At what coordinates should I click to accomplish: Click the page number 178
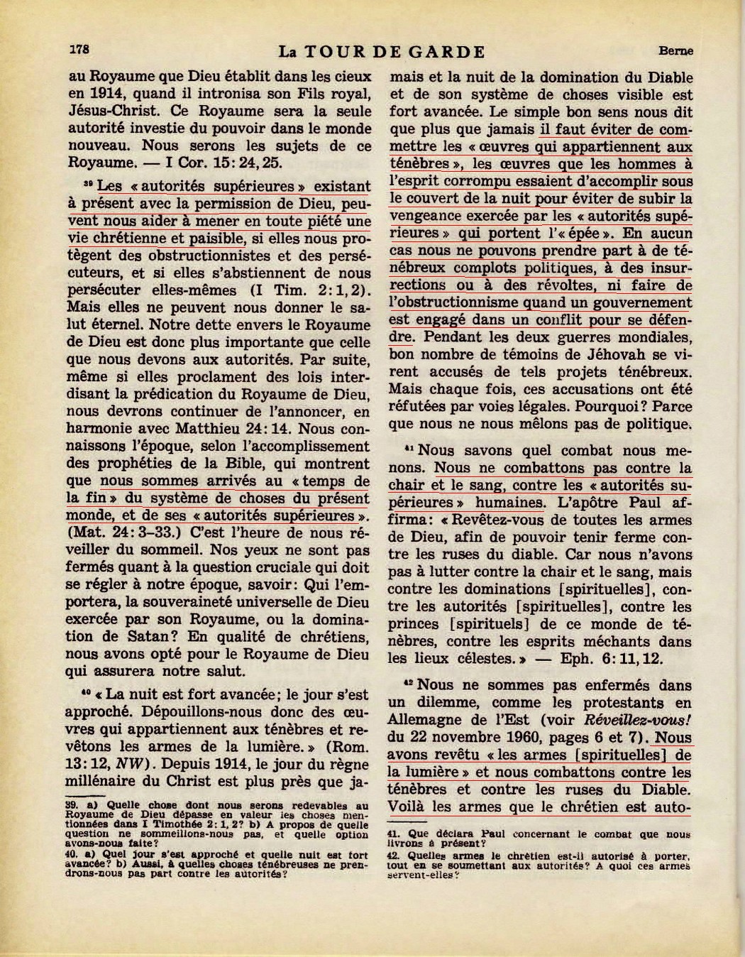pyautogui.click(x=79, y=50)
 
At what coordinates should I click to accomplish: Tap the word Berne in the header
pyautogui.click(x=675, y=51)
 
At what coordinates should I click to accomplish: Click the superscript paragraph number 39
pyautogui.click(x=88, y=183)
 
